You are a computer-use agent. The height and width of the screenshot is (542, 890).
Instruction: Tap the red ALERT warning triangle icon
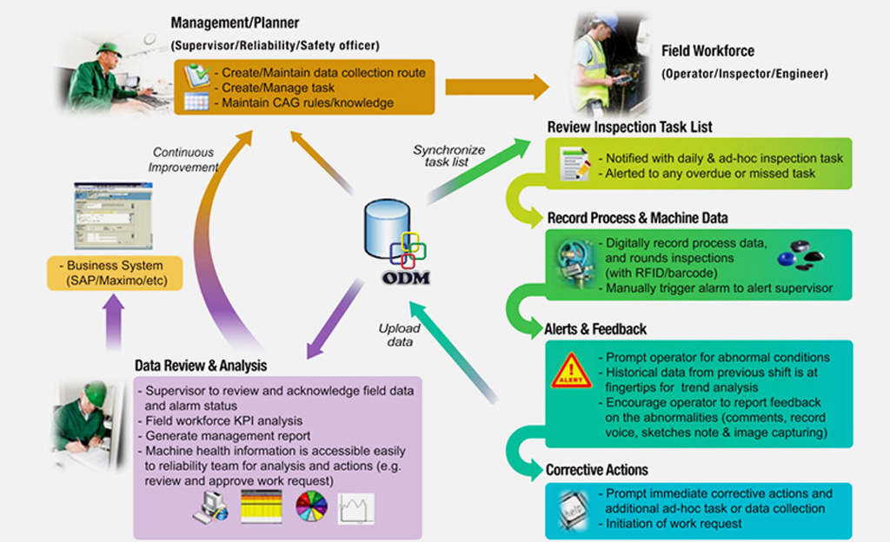[571, 371]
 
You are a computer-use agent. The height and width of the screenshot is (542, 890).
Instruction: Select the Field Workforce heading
[707, 51]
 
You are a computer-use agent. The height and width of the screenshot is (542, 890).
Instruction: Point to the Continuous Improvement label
[184, 160]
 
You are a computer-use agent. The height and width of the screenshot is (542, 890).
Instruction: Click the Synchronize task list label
[448, 155]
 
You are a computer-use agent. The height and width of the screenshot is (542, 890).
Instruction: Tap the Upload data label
[400, 335]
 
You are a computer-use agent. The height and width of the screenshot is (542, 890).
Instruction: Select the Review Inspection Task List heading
[629, 127]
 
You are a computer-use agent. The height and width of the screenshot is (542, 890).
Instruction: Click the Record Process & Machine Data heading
[637, 217]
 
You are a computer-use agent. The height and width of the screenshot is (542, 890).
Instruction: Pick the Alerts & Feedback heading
[595, 329]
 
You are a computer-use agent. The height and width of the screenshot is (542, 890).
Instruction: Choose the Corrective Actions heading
[596, 470]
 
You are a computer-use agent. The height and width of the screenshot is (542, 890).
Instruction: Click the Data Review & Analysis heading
[201, 366]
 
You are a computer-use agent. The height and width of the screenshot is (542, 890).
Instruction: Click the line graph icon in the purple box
[356, 508]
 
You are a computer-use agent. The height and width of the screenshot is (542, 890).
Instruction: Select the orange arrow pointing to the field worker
[496, 87]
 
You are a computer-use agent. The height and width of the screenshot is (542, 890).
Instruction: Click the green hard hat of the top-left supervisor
[109, 49]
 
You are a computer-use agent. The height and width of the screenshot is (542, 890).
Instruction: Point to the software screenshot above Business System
[113, 215]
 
